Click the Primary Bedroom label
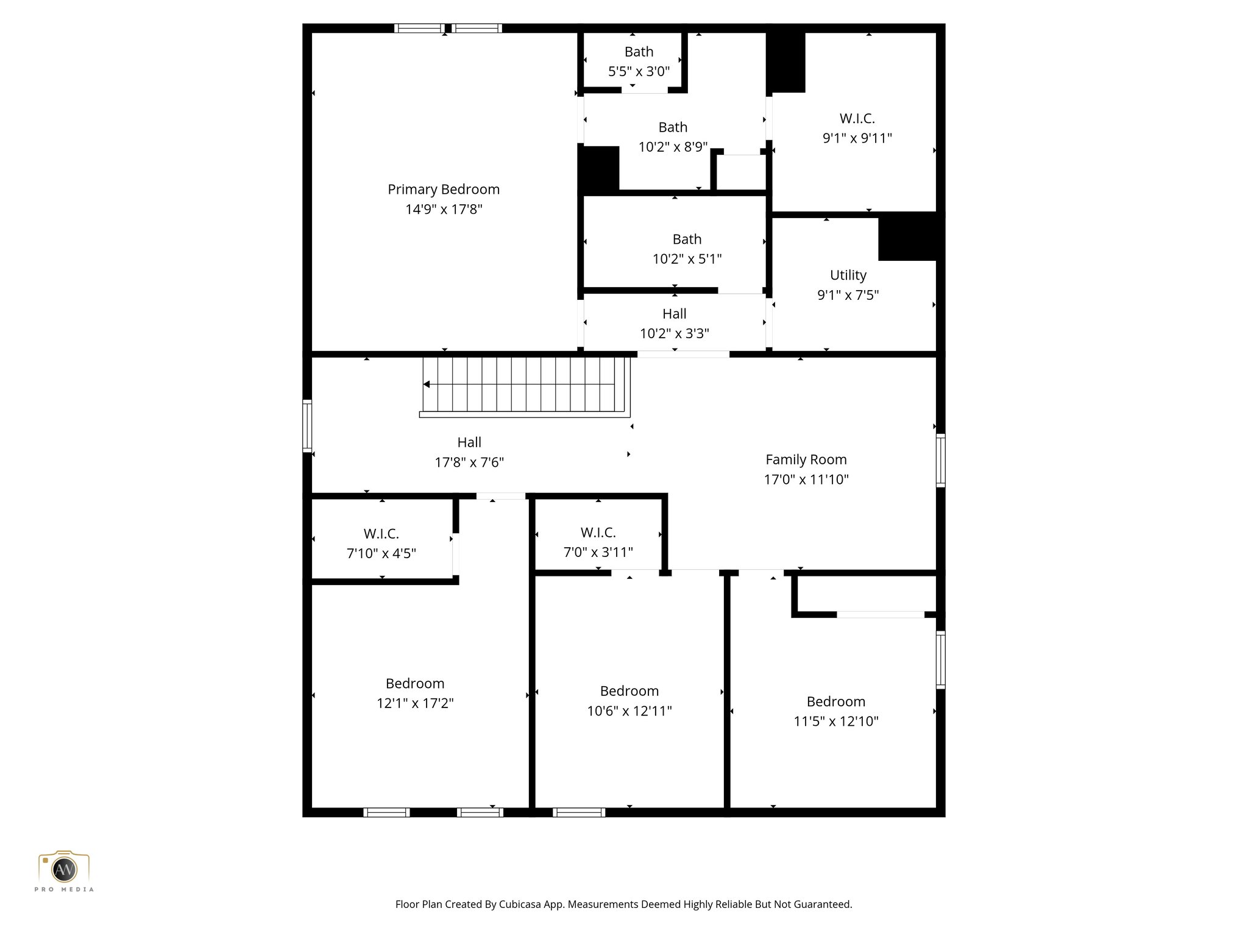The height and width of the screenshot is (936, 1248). click(444, 190)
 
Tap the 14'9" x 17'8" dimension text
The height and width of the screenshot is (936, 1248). click(444, 210)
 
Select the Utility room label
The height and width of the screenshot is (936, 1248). click(848, 275)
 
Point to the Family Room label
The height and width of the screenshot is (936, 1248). click(806, 459)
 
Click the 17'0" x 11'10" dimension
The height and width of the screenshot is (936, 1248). click(806, 480)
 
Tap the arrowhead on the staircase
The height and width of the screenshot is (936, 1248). click(427, 384)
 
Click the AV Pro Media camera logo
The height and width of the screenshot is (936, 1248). click(64, 869)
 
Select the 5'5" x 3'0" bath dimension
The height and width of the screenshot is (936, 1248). click(639, 71)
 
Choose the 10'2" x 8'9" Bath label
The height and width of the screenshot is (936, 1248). click(673, 127)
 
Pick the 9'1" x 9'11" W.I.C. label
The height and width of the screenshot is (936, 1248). click(857, 118)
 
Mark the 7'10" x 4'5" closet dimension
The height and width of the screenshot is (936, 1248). click(381, 553)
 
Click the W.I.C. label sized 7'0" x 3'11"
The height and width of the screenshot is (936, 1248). click(598, 533)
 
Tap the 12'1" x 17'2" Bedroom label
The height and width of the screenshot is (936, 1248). click(414, 684)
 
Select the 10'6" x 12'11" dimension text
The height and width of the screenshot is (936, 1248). click(629, 711)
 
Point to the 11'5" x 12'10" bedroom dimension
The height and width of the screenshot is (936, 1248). click(835, 721)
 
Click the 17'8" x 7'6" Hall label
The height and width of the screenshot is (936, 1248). click(469, 442)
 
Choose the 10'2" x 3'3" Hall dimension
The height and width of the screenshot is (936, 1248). click(674, 333)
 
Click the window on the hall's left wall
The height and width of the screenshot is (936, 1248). click(307, 426)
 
